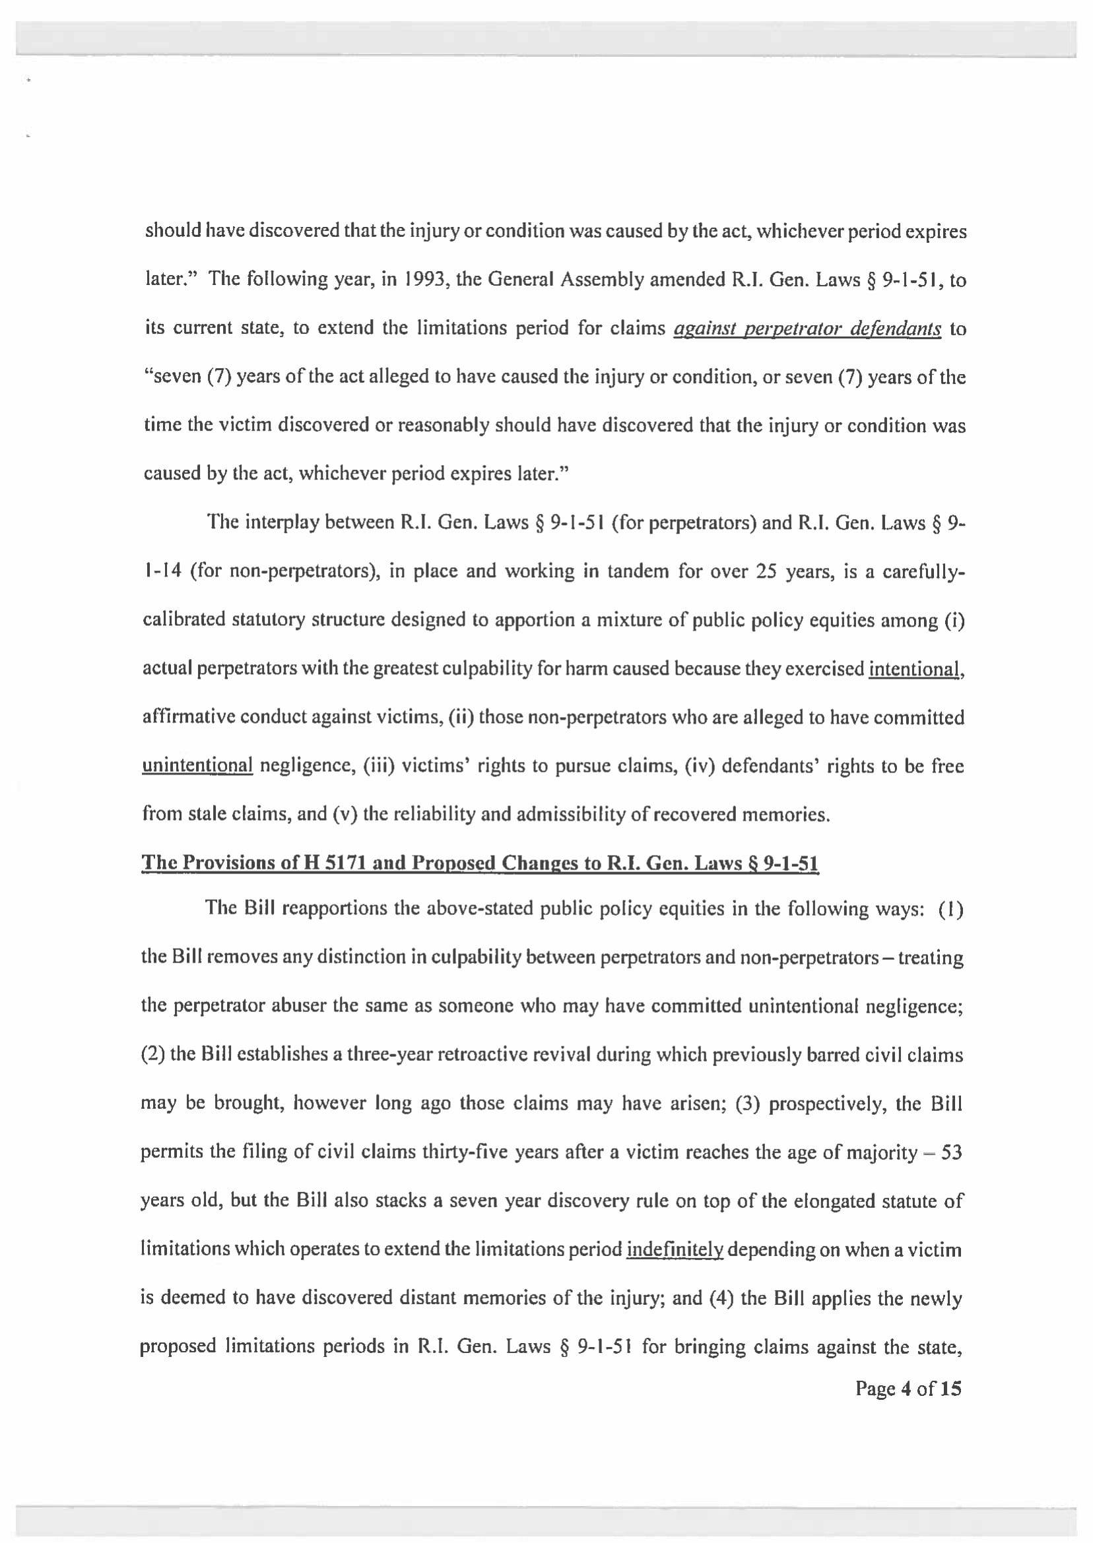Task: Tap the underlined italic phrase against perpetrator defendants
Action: (807, 329)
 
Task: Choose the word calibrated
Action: (183, 620)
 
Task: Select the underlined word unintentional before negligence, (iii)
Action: (197, 766)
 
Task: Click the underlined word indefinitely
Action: (675, 1249)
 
